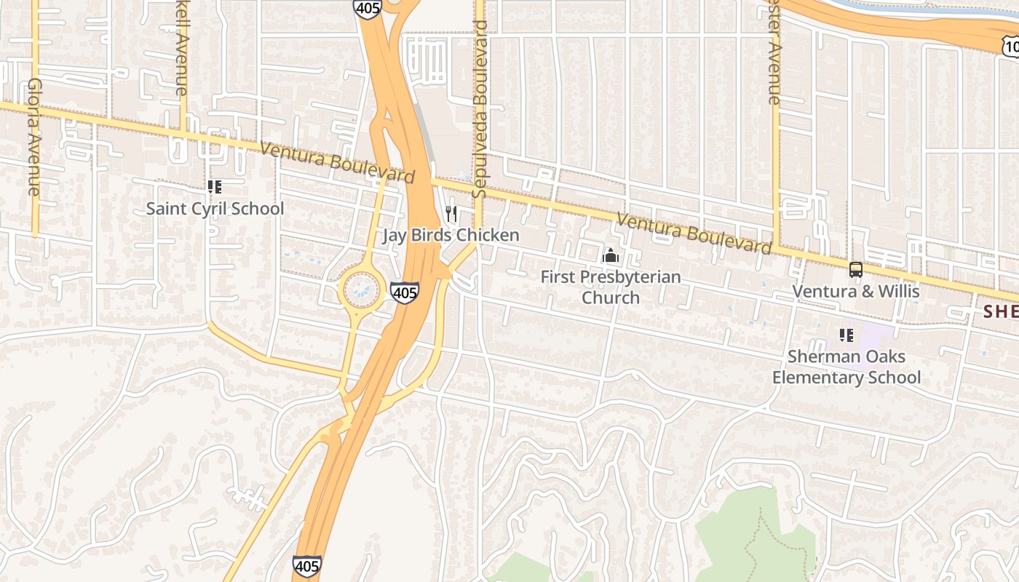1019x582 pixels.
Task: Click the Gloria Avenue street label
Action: click(33, 137)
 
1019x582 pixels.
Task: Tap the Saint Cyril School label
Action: click(215, 209)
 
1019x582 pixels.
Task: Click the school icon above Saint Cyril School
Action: click(215, 187)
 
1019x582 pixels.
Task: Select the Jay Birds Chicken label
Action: click(451, 235)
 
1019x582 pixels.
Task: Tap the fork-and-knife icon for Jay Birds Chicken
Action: click(451, 213)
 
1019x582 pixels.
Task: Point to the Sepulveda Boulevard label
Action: click(479, 109)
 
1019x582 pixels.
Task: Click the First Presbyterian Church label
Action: click(611, 287)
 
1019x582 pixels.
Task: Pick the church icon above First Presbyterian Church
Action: click(611, 256)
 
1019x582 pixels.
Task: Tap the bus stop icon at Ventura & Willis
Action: click(856, 270)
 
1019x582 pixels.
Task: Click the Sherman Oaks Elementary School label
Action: click(846, 367)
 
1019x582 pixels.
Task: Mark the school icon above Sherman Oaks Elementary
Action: click(846, 335)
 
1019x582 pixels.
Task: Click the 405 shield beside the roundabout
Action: click(404, 292)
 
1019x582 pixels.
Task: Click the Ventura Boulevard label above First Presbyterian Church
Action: click(694, 234)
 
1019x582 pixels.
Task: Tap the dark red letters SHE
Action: click(1001, 311)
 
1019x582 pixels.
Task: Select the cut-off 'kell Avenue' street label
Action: click(181, 47)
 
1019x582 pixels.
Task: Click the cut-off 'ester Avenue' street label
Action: click(774, 52)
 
